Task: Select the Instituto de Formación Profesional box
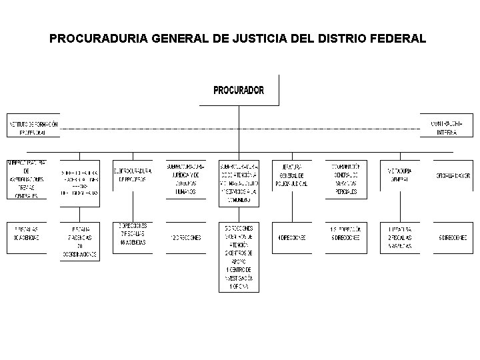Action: [x=33, y=128]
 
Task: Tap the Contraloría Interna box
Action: [x=447, y=128]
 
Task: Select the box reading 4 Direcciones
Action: [x=293, y=237]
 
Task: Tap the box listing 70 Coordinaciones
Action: [x=79, y=241]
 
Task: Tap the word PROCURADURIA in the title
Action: [x=99, y=39]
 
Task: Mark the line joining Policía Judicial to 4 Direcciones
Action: [x=293, y=210]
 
